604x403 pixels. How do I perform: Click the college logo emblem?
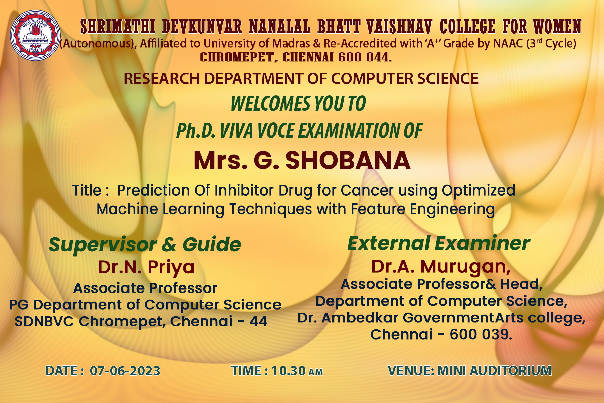(35, 35)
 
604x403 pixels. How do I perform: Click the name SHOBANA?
(348, 161)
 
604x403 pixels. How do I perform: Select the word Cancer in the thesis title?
(367, 190)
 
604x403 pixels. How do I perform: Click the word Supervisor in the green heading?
(103, 245)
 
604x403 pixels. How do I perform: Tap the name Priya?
(171, 268)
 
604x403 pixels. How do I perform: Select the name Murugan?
(466, 267)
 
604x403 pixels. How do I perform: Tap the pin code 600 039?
(481, 334)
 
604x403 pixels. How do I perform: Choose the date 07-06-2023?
(125, 371)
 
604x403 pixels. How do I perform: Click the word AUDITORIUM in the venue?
(511, 371)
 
